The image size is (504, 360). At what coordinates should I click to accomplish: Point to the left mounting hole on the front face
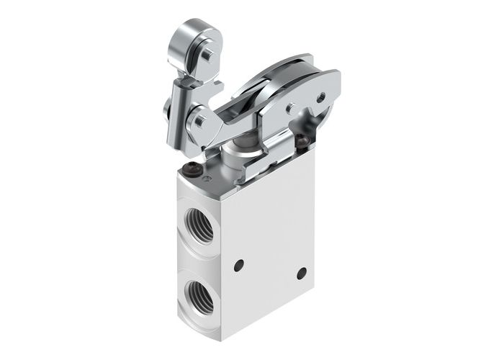(x=239, y=264)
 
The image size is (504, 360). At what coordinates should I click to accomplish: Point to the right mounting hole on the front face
(x=301, y=273)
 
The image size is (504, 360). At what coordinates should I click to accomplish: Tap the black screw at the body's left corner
(x=192, y=170)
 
